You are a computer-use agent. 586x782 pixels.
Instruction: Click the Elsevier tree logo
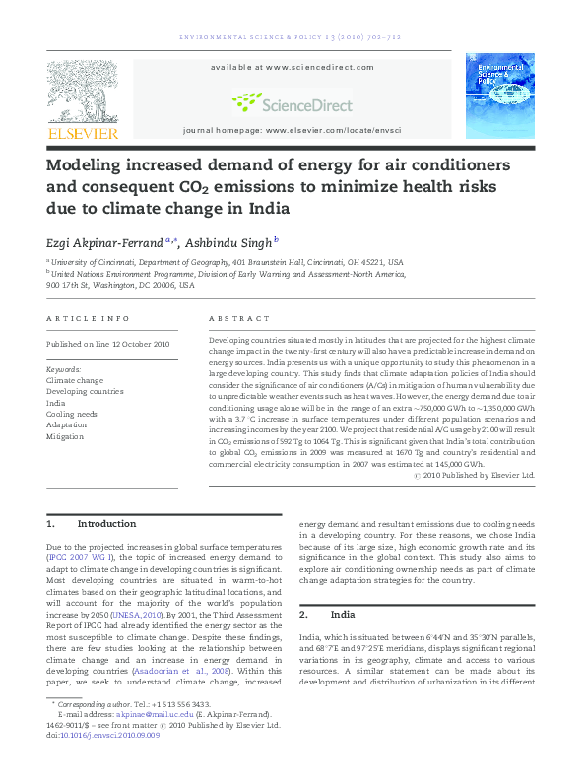coord(82,90)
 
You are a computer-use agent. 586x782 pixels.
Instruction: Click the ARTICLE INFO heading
coord(88,319)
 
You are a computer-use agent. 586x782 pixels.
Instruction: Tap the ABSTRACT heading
coord(239,319)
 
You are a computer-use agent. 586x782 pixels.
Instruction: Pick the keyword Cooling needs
coord(72,415)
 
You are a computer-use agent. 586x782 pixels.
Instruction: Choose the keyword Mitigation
coord(66,436)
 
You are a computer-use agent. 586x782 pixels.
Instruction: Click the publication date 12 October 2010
coord(133,344)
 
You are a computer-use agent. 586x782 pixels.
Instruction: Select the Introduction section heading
coord(107,524)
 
